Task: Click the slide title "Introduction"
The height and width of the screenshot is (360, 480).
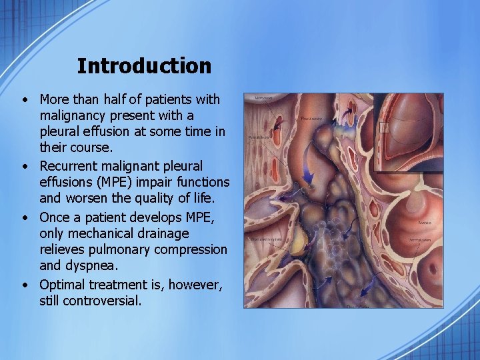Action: point(144,66)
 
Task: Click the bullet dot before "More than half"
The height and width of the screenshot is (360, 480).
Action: point(24,100)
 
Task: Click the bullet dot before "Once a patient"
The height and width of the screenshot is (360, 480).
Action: point(24,217)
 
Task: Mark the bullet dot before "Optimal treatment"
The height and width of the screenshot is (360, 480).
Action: point(24,285)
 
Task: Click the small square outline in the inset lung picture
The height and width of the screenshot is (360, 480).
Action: point(384,127)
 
